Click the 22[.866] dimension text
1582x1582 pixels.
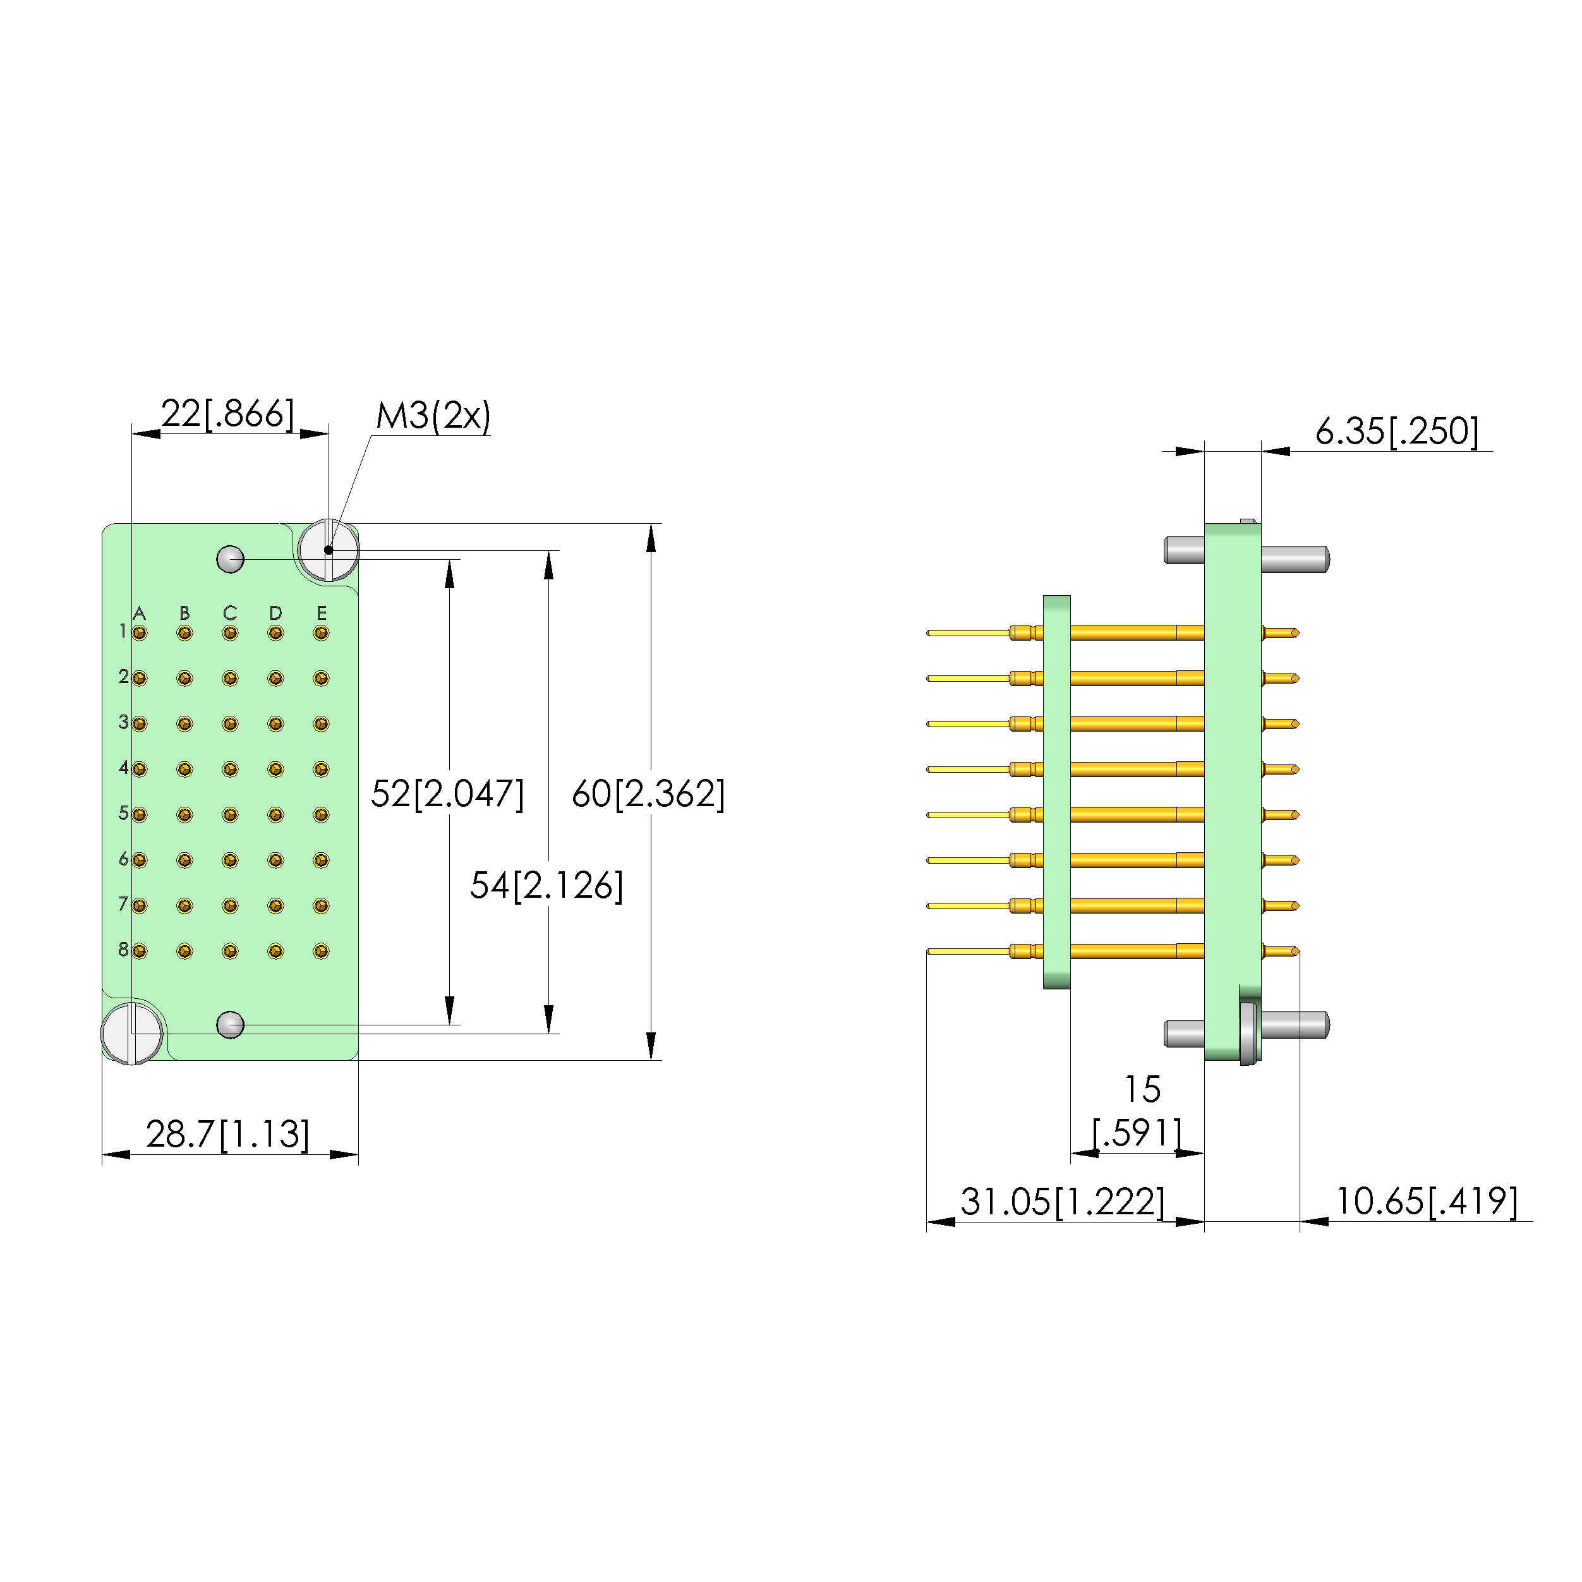coord(227,414)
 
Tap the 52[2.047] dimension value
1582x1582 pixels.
coord(447,794)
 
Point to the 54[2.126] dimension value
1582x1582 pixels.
coord(546,885)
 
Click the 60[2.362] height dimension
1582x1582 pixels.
coord(648,794)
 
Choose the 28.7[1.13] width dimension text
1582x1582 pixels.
coord(227,1134)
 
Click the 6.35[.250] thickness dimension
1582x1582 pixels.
coord(1396,432)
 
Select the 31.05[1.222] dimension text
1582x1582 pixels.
coord(1062,1201)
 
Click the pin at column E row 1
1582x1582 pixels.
coord(321,633)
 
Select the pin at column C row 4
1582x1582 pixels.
coord(230,770)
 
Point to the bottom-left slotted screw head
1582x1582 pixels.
coord(132,1032)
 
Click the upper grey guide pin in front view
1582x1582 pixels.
coord(230,559)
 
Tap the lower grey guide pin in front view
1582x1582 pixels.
coord(230,1024)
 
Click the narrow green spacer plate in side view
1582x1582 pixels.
coord(1056,792)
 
